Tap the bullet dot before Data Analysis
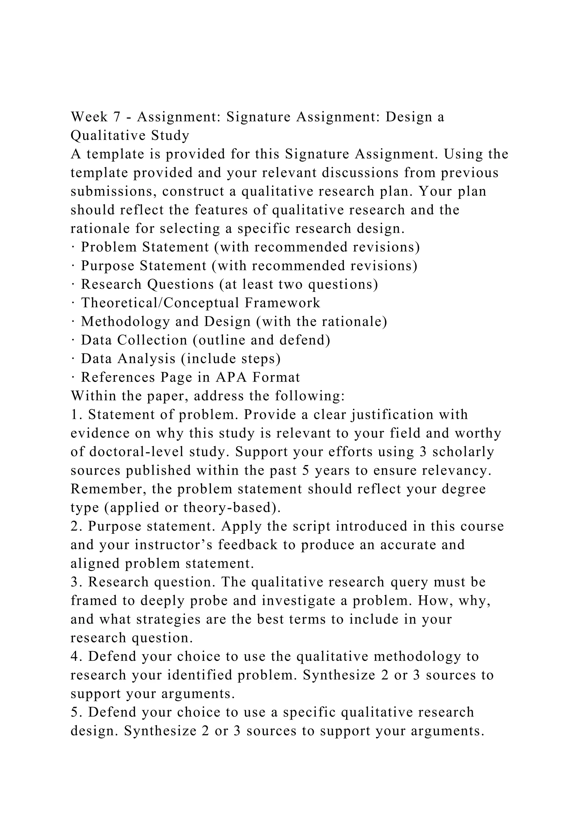click(73, 359)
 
